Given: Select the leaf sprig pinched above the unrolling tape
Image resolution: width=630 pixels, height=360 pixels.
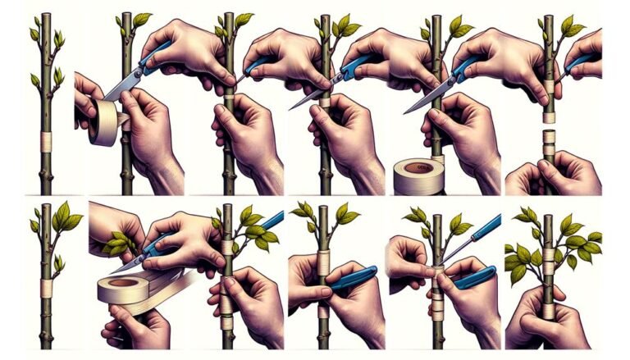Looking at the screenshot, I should (119, 243).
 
